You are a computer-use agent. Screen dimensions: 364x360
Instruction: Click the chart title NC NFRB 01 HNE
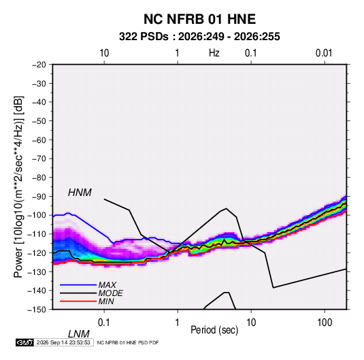(199, 19)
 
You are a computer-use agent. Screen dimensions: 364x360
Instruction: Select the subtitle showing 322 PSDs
(199, 37)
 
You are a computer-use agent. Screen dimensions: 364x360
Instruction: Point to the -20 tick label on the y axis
(39, 65)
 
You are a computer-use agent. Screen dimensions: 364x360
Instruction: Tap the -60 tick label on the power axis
(39, 140)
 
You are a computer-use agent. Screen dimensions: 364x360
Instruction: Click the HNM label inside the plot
(80, 193)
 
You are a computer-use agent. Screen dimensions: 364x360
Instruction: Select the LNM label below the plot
(79, 334)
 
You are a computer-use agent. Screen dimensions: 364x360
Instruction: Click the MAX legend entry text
(107, 284)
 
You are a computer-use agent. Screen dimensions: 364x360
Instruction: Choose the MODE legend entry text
(110, 293)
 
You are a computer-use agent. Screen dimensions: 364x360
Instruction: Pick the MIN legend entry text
(106, 301)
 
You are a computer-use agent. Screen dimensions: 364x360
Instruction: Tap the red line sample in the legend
(78, 301)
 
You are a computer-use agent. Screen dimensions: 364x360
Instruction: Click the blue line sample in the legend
(78, 284)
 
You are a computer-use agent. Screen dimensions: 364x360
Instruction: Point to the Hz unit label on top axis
(214, 53)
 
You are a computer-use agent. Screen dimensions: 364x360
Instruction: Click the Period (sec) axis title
(214, 330)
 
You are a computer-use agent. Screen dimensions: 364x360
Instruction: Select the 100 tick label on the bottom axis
(325, 323)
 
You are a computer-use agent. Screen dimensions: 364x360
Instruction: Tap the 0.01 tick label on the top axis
(324, 53)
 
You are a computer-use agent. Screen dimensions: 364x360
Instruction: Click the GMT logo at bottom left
(24, 342)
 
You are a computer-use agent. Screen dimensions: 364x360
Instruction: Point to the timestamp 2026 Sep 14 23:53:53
(63, 342)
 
